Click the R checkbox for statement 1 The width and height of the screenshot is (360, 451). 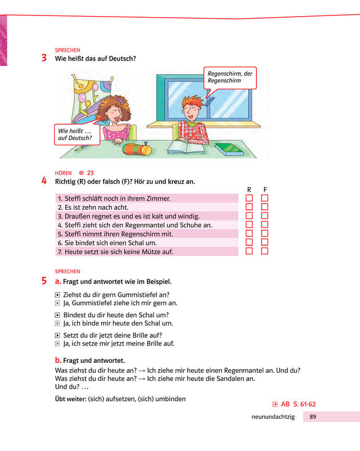(x=249, y=198)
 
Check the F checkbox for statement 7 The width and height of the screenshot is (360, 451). (x=265, y=251)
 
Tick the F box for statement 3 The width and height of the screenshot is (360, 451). (x=265, y=216)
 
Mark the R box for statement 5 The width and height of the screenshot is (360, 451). (x=249, y=233)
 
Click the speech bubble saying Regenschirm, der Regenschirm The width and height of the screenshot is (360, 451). (x=229, y=78)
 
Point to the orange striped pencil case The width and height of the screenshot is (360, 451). (x=137, y=149)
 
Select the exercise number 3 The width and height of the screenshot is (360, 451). (x=44, y=58)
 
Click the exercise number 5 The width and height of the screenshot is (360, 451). (x=44, y=281)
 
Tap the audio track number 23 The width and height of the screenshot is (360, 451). (x=90, y=173)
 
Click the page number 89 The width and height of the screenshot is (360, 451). (x=313, y=417)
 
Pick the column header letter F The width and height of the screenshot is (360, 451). (x=265, y=189)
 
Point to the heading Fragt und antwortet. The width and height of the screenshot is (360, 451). (x=93, y=360)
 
